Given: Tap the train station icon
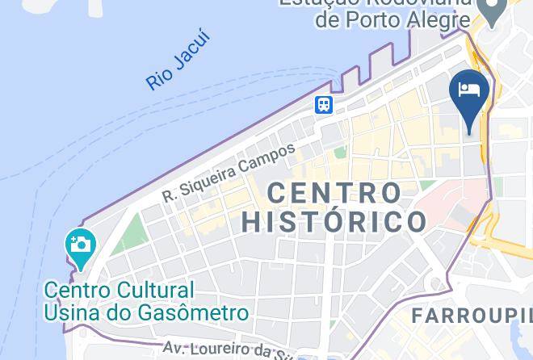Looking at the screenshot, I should point(324,104).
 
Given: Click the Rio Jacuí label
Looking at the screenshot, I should point(178,61).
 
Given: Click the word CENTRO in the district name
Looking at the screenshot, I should point(334,193).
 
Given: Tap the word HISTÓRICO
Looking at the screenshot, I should point(334,221).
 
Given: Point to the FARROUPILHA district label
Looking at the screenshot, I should point(472,316).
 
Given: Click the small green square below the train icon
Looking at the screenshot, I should point(340,151).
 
